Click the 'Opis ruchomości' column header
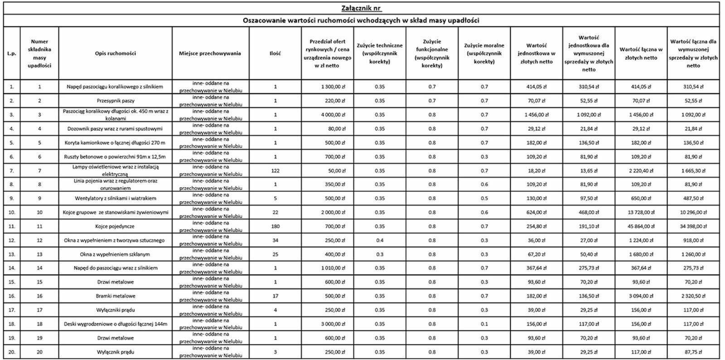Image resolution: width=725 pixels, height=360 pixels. click(x=115, y=53)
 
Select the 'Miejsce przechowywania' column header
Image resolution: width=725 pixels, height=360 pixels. click(x=210, y=53)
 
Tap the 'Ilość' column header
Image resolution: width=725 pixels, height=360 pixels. click(x=275, y=53)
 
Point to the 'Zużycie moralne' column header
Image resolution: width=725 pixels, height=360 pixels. click(x=484, y=53)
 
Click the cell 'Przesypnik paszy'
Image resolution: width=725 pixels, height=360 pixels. click(x=115, y=101)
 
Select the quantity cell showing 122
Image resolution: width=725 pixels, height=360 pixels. click(x=275, y=171)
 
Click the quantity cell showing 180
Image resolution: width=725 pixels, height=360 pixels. click(x=275, y=226)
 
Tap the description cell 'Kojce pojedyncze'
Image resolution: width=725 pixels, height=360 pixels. click(x=115, y=226)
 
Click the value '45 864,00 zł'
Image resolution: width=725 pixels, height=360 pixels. click(x=641, y=226)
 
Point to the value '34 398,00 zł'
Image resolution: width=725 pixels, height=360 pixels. click(x=693, y=226)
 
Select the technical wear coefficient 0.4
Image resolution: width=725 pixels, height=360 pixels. click(x=380, y=240)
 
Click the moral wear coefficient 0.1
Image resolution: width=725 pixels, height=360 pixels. click(x=484, y=324)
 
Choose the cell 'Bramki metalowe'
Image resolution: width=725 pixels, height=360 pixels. click(x=115, y=296)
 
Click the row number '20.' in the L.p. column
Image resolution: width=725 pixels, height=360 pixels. click(x=12, y=352)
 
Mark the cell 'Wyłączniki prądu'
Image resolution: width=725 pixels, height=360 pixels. click(x=115, y=310)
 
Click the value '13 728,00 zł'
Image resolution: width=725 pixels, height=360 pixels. click(x=641, y=212)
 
